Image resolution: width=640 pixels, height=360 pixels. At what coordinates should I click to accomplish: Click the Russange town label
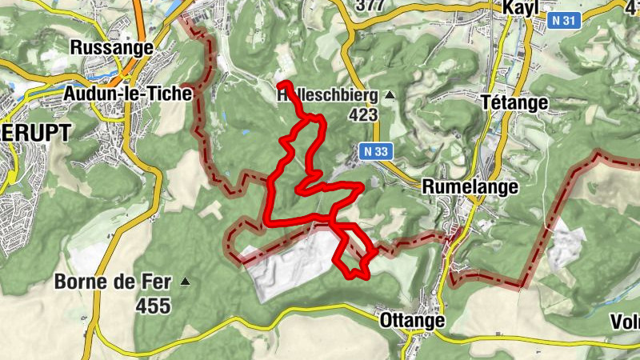(112, 48)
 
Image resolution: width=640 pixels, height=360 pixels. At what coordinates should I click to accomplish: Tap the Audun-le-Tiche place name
(128, 94)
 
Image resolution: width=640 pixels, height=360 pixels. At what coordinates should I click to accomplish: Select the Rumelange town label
(470, 186)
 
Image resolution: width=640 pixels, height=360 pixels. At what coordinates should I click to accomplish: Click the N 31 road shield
(565, 25)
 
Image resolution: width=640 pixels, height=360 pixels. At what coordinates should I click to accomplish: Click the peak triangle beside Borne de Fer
(186, 282)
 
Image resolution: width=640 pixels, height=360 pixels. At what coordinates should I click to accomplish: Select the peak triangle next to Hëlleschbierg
(390, 96)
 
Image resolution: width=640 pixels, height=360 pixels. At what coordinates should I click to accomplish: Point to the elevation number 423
(362, 114)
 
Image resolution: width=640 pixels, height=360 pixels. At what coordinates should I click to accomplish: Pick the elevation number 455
(152, 305)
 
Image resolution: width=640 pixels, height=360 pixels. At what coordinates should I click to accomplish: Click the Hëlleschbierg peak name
(326, 95)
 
